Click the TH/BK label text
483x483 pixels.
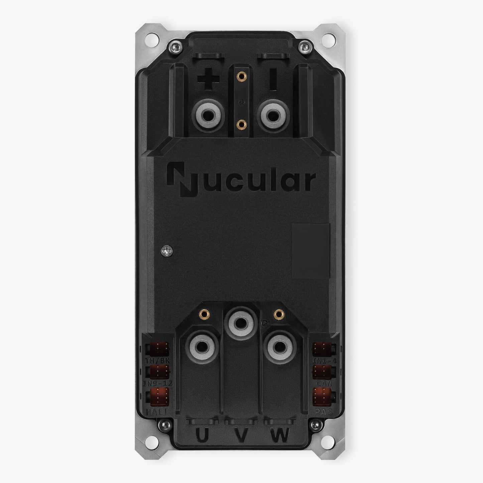158,361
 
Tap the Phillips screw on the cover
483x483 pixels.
166,250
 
